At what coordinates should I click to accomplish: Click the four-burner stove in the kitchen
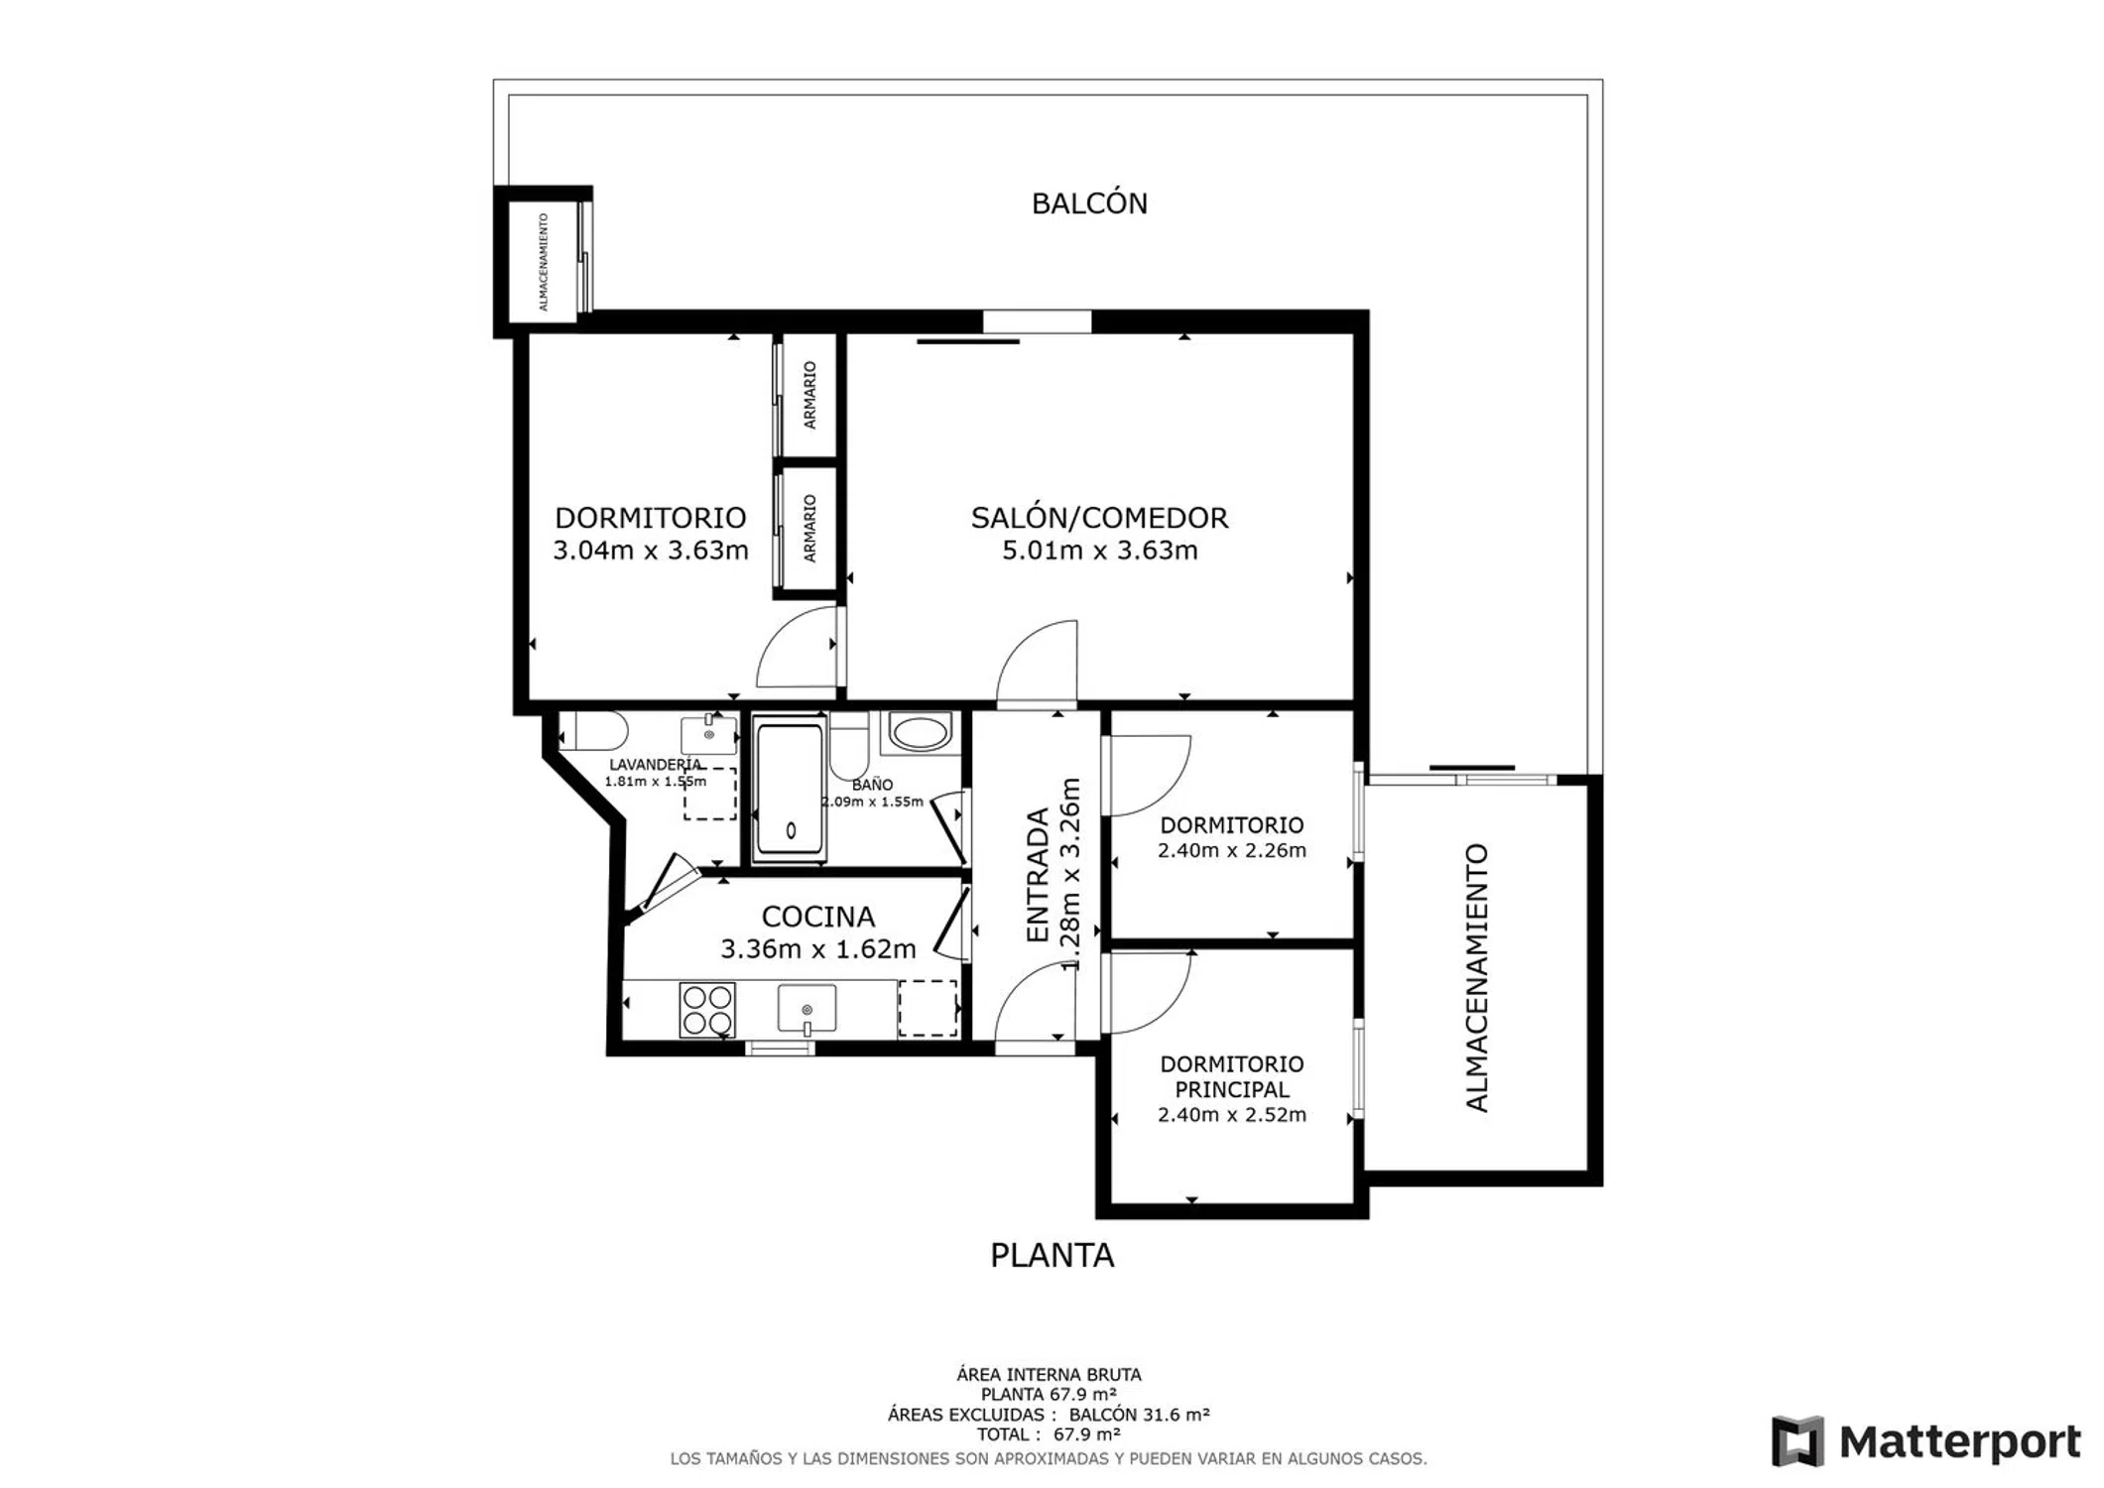(707, 1010)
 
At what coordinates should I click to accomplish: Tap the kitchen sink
(806, 1009)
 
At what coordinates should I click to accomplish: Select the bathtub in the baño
(790, 791)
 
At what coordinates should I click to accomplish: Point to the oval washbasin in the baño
(919, 733)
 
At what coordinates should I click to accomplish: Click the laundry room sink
(708, 734)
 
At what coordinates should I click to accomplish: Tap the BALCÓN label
(1089, 203)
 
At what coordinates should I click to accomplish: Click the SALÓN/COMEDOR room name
(1099, 518)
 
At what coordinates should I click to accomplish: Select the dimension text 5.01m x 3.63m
(1099, 551)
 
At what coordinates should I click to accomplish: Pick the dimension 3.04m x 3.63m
(650, 551)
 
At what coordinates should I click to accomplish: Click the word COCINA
(817, 917)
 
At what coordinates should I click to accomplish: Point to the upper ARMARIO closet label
(809, 395)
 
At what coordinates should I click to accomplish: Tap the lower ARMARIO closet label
(809, 529)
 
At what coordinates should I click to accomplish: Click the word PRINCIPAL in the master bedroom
(1232, 1089)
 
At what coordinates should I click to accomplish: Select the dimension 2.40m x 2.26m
(1231, 850)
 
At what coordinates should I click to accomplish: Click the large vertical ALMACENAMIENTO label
(1477, 978)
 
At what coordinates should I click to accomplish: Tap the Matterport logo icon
(1798, 1441)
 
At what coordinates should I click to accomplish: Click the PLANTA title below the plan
(1052, 1256)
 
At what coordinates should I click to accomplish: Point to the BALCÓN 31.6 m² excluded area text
(1139, 1415)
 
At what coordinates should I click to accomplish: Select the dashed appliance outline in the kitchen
(928, 1008)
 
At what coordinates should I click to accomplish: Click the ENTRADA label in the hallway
(1037, 876)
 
